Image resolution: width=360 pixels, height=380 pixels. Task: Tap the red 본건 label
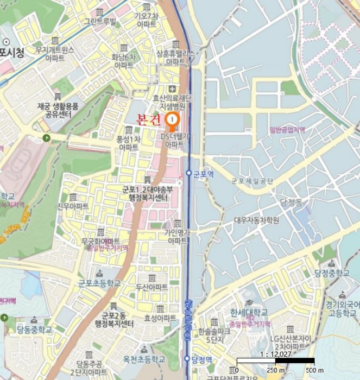148,120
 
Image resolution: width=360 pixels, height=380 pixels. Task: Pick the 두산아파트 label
151,287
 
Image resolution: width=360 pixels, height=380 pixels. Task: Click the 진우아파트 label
73,206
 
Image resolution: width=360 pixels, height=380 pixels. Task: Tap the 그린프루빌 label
99,22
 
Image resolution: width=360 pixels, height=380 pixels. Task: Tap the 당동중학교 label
34,330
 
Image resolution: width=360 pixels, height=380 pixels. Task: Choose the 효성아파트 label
160,318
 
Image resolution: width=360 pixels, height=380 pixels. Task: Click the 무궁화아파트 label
101,240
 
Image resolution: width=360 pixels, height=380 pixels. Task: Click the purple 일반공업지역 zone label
287,129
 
